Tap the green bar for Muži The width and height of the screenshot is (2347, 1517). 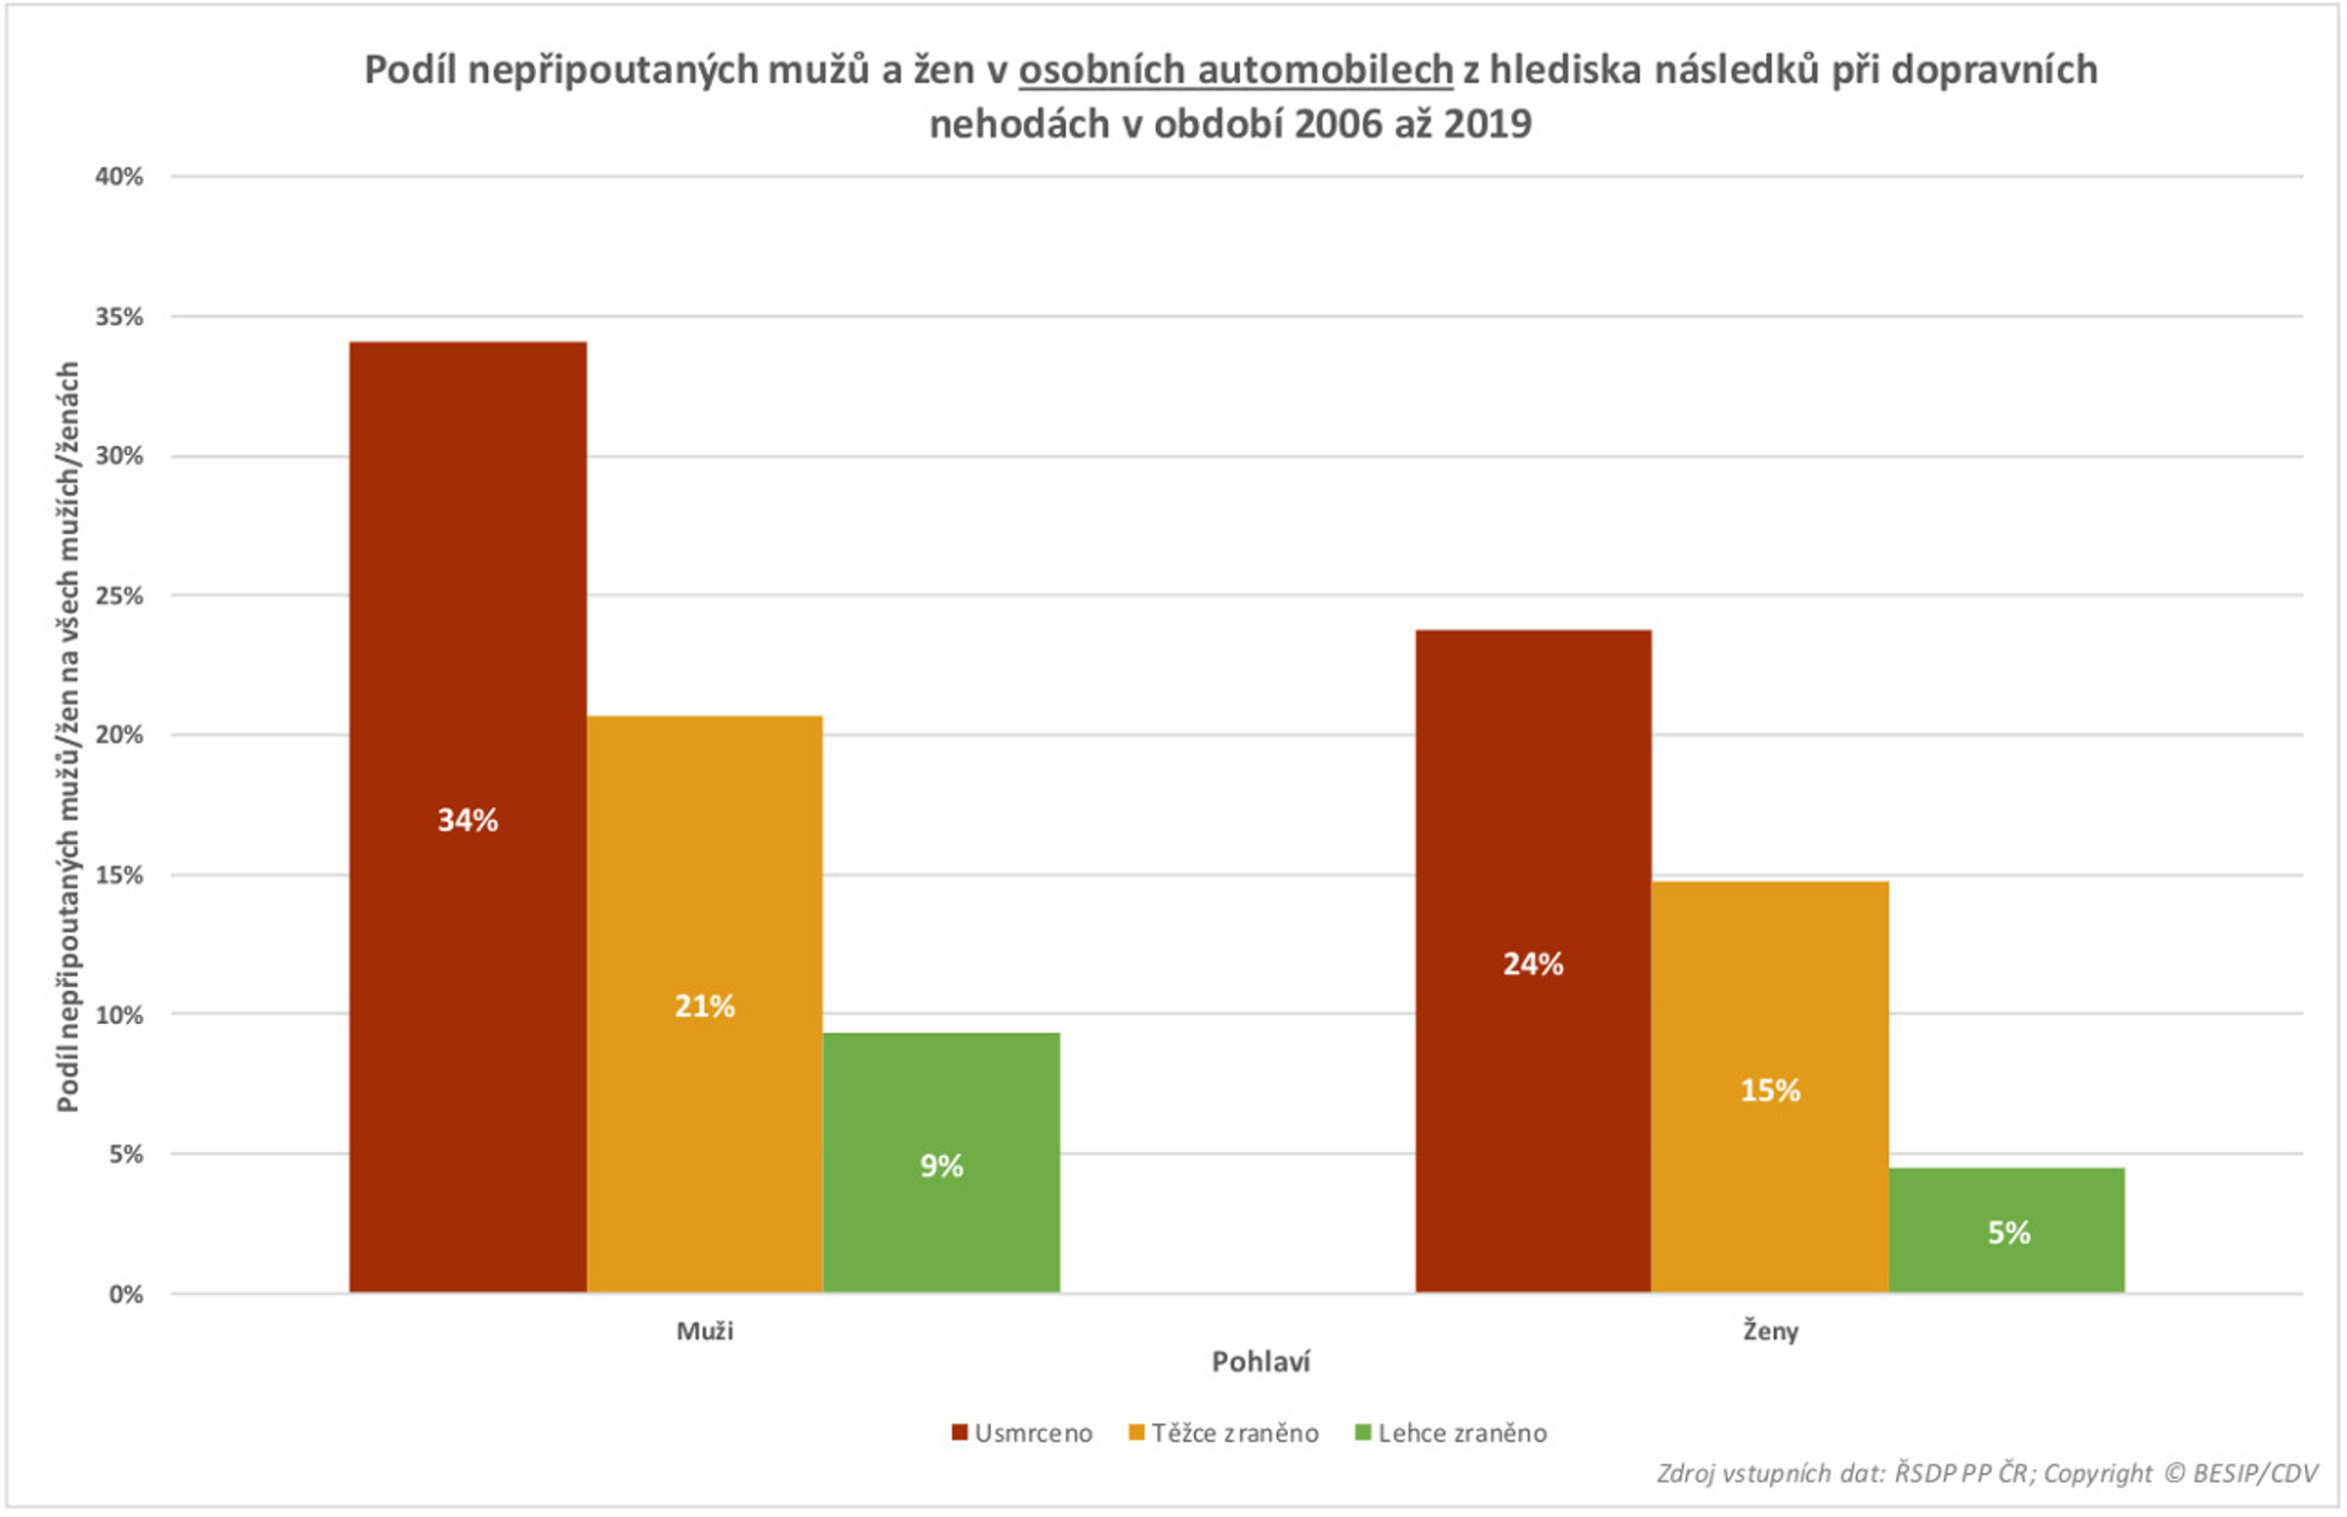941,1231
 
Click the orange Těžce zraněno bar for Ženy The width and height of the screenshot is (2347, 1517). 1770,985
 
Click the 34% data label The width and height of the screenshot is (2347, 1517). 467,820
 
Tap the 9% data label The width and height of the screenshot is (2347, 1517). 942,1166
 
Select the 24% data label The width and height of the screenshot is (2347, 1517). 1532,963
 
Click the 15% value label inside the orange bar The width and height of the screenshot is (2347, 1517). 1770,1091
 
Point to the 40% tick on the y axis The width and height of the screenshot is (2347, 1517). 119,177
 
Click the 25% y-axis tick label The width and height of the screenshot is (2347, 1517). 119,596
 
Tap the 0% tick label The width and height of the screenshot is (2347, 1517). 125,1294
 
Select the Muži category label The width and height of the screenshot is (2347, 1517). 704,1332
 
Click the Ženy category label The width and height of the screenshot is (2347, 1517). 1770,1332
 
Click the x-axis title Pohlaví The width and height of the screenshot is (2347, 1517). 1260,1362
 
